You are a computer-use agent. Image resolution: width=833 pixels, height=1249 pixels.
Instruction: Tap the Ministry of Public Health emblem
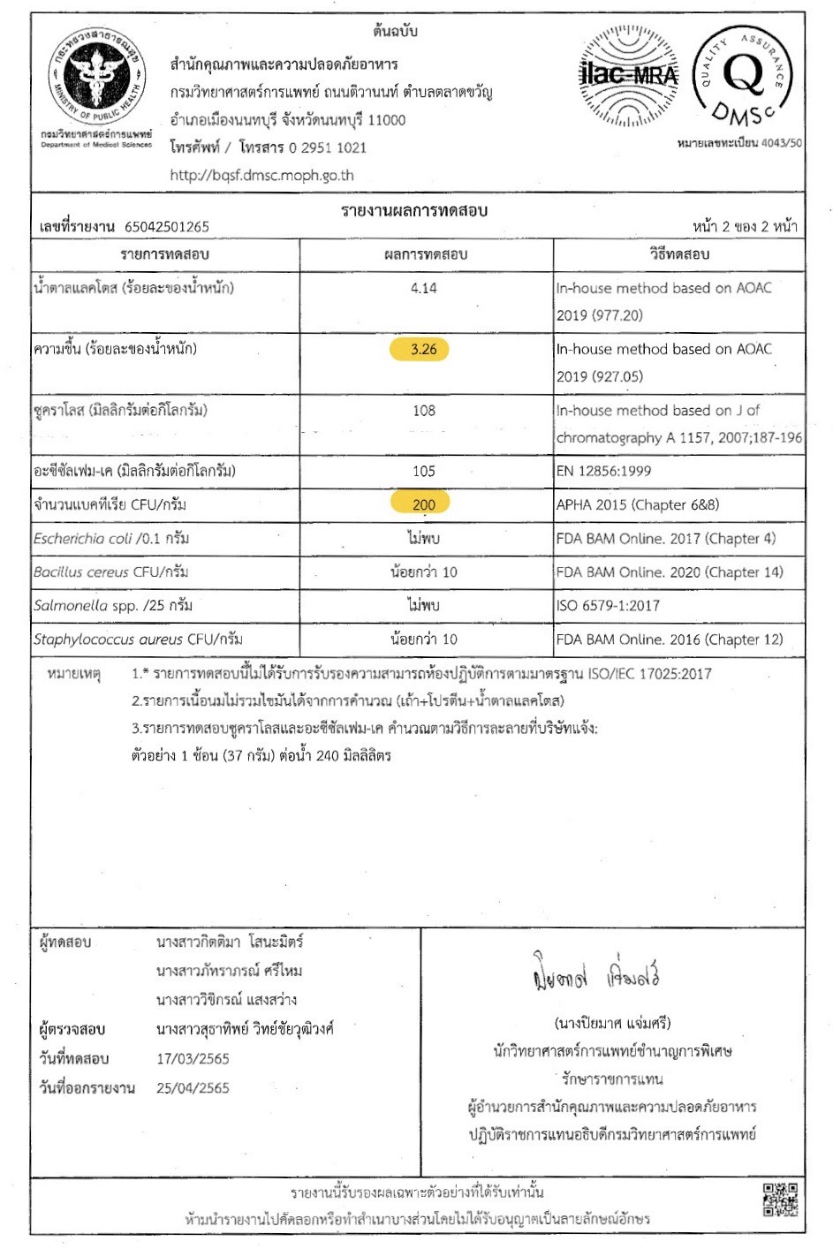tap(96, 77)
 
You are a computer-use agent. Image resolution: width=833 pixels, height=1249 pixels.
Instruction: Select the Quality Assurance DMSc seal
tap(742, 76)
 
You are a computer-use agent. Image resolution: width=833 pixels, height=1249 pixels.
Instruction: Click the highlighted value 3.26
tap(423, 349)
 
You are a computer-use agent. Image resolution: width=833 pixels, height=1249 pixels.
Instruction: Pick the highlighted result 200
tap(423, 504)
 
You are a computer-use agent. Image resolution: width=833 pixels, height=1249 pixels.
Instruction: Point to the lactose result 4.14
tap(423, 288)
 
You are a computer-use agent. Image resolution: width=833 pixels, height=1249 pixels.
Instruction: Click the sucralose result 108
tap(423, 410)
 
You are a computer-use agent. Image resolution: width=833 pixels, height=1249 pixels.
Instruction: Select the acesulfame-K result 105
tap(423, 471)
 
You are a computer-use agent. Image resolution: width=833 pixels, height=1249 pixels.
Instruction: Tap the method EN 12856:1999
tap(603, 471)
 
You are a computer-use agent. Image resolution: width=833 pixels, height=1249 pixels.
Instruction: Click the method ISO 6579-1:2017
tap(608, 605)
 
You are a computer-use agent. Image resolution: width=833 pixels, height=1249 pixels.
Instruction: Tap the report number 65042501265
tap(167, 227)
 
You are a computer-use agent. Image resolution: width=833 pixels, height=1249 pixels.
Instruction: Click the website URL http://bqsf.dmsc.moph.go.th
tap(261, 175)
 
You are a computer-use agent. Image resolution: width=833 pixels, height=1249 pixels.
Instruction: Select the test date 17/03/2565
tap(193, 1058)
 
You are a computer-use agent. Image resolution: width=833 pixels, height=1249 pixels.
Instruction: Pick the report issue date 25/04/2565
tap(193, 1087)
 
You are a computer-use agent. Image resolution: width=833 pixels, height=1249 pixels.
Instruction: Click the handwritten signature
tap(596, 974)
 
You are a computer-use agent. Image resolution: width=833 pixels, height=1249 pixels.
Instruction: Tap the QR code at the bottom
tap(780, 1199)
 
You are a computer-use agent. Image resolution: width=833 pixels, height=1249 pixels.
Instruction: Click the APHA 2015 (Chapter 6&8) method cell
tap(637, 504)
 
